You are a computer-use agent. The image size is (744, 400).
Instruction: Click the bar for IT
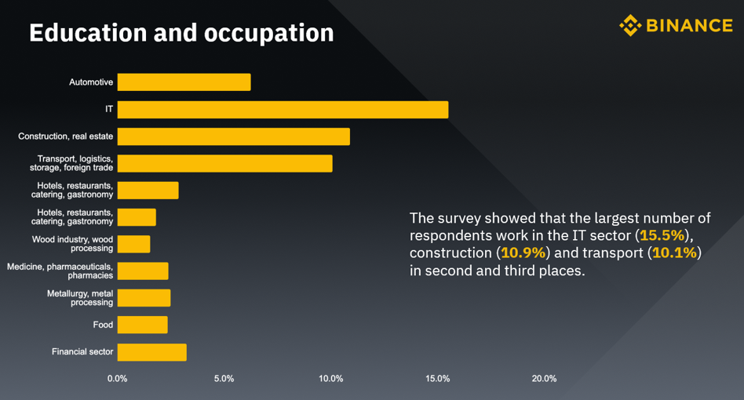coord(283,110)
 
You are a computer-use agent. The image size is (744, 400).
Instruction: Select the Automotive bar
coord(184,82)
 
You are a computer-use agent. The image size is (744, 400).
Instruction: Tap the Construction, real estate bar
coord(233,136)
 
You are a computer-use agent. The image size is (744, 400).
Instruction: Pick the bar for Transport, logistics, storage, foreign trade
coord(224,163)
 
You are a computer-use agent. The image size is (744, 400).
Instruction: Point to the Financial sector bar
coord(151,352)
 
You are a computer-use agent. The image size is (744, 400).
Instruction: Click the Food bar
coord(142,325)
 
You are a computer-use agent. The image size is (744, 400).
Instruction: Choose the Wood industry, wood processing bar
coord(133,244)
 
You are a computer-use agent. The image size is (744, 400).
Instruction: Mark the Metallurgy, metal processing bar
coord(144,298)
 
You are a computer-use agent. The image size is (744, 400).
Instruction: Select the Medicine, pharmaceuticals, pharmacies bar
coord(143,271)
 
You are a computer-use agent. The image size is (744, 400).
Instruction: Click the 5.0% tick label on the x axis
coord(224,379)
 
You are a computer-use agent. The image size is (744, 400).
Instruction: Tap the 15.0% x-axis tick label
coord(437,379)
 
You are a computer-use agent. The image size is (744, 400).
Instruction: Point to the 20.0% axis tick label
coord(544,379)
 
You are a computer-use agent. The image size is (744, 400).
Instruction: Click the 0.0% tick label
coord(117,379)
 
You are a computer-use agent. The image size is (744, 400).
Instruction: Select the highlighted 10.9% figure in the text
coord(523,253)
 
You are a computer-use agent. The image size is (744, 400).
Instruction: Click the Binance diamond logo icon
coord(630,26)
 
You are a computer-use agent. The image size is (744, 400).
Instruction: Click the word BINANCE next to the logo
coord(690,26)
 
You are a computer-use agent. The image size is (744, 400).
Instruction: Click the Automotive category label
coord(91,82)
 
